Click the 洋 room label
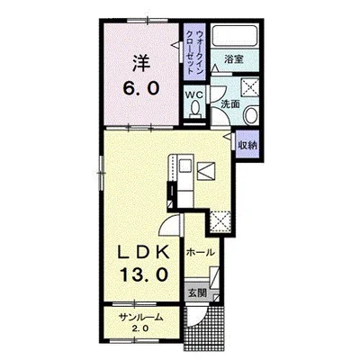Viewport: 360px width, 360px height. (141, 63)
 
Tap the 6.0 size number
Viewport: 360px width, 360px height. (140, 88)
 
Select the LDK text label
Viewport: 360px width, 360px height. (144, 254)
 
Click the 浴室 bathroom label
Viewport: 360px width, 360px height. (234, 59)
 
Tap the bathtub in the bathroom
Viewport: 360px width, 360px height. (234, 36)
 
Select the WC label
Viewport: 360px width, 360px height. (194, 95)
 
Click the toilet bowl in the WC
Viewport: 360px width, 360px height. (195, 108)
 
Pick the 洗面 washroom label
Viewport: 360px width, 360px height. (230, 104)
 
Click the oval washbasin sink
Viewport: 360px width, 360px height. (251, 115)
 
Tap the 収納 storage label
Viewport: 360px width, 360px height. (247, 145)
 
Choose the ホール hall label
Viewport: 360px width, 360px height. (201, 252)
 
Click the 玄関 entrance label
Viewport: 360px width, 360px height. (197, 292)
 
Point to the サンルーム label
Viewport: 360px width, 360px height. (141, 317)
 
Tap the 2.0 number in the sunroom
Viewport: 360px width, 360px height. (140, 328)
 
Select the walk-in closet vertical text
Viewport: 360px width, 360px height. (194, 51)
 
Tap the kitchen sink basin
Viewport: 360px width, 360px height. (185, 166)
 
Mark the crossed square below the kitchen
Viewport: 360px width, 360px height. (220, 221)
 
